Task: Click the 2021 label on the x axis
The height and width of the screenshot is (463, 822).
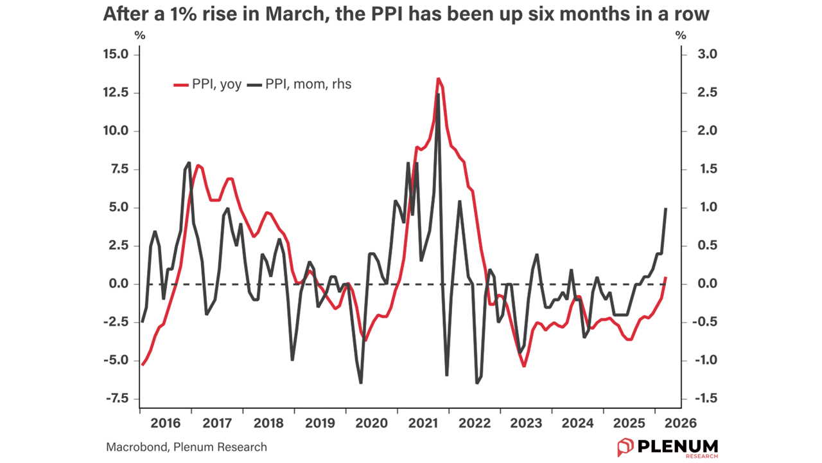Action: coord(423,424)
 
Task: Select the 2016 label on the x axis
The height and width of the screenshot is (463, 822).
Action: coord(165,424)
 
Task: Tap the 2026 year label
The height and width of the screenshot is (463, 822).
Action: coord(680,424)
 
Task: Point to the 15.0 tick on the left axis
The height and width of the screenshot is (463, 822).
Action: coord(116,55)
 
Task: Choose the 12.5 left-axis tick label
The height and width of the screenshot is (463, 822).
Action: coord(116,93)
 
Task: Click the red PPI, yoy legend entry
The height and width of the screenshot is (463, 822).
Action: coord(208,84)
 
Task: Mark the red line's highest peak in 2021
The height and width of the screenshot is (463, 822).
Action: coord(438,78)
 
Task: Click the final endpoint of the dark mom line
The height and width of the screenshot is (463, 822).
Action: coord(666,208)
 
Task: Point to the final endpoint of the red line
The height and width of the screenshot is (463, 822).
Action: coord(666,278)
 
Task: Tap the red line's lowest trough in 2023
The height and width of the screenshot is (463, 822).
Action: coord(525,366)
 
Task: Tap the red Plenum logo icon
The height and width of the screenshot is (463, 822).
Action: coord(625,447)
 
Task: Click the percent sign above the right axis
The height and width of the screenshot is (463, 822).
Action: coord(681,35)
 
